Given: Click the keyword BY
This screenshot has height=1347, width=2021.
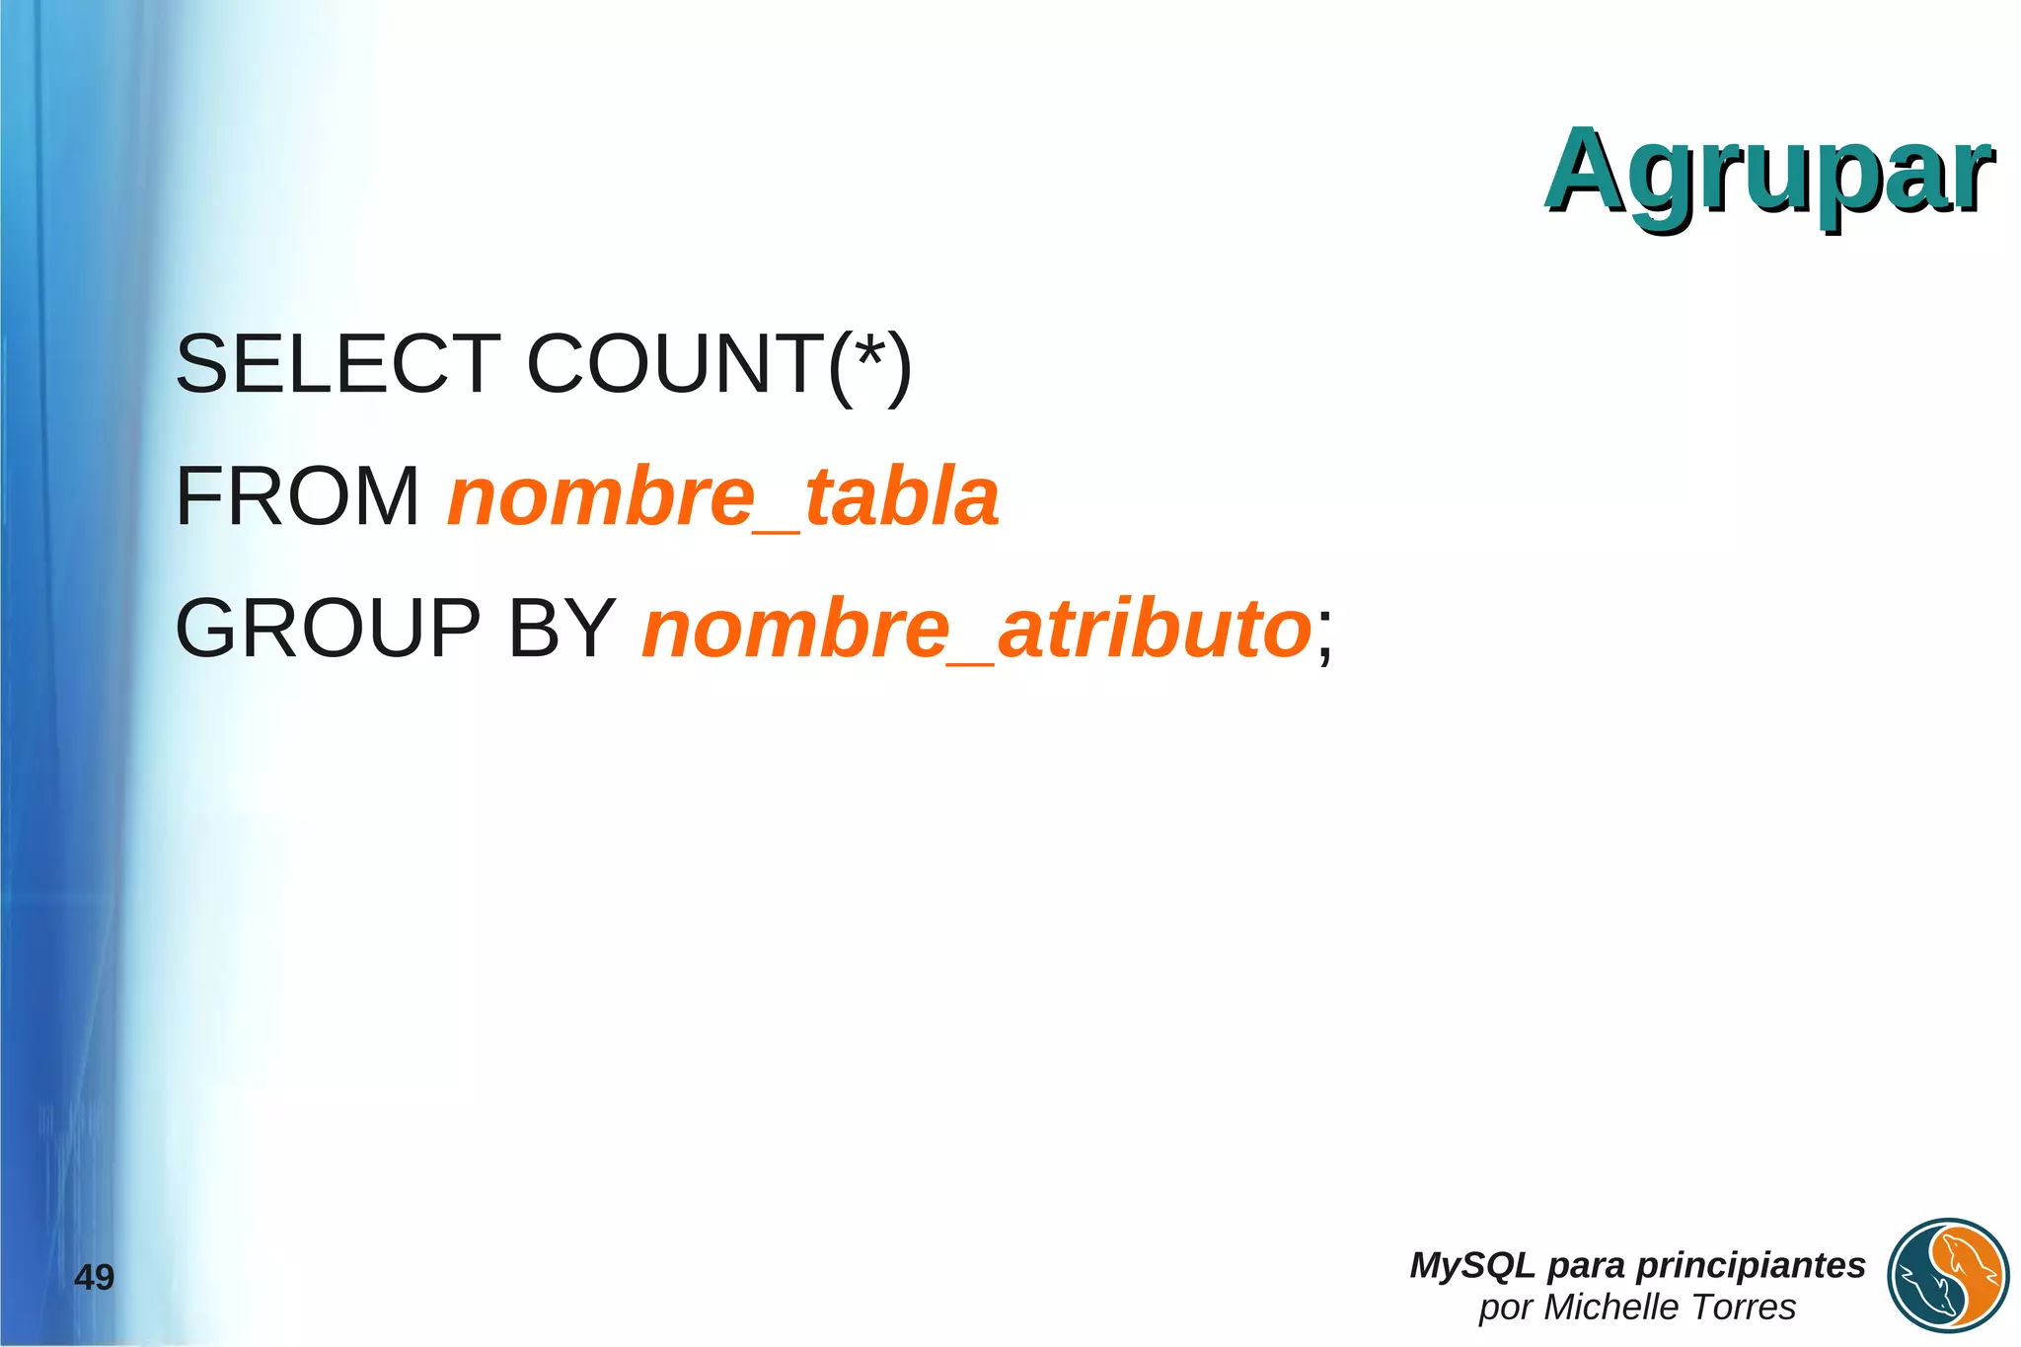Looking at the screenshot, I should pos(561,629).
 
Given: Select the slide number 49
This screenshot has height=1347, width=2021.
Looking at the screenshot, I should pos(95,1278).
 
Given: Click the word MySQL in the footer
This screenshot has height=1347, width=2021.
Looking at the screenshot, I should pos(1471,1265).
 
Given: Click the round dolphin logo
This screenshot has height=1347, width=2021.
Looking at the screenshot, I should pos(1948,1276).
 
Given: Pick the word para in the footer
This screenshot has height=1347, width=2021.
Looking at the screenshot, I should pos(1586,1265).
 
